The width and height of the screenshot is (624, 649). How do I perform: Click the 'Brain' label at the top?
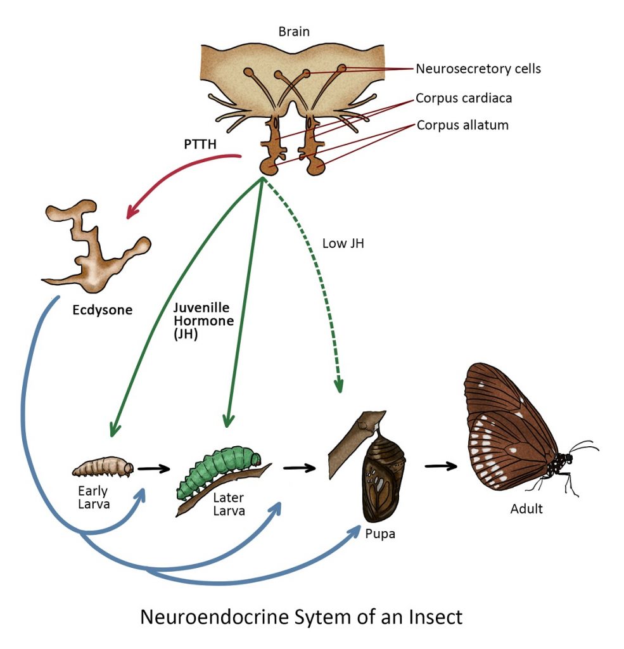tap(294, 31)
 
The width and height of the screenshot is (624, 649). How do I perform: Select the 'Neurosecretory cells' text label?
tap(478, 68)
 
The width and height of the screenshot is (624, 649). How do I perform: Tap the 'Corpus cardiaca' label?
tap(464, 98)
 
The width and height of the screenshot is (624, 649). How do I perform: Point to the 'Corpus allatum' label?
tap(462, 125)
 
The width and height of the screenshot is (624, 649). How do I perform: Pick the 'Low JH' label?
tap(343, 243)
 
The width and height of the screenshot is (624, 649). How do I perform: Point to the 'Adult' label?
tap(526, 508)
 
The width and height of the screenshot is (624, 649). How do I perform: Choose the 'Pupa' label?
tap(380, 534)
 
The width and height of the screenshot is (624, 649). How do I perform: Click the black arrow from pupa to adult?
tap(441, 466)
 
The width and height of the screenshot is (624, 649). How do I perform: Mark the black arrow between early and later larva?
tap(155, 469)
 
